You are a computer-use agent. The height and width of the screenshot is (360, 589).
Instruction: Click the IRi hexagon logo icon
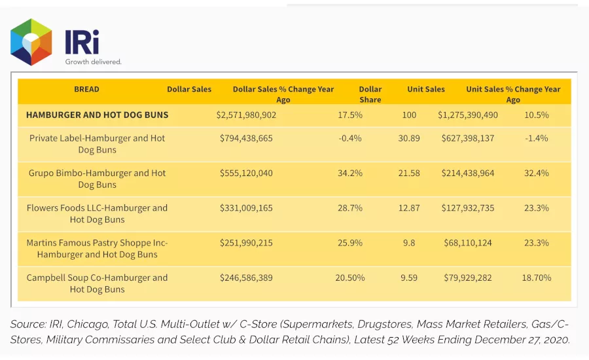pos(31,42)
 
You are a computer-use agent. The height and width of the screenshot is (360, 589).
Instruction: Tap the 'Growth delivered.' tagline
pos(93,62)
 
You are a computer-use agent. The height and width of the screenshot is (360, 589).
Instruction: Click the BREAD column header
pos(86,89)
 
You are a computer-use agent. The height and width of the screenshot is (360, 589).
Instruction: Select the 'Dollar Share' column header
pos(370,94)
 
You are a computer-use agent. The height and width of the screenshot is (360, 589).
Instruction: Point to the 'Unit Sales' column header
pos(426,89)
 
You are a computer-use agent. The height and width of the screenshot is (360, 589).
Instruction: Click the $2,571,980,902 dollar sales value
pos(246,115)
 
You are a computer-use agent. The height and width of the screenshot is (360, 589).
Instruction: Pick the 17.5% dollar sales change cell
pos(350,115)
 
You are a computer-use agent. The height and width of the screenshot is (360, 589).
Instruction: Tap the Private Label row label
pos(97,144)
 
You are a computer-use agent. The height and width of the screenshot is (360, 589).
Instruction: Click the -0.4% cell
pos(350,138)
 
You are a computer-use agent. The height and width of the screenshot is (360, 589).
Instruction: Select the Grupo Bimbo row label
pos(97,179)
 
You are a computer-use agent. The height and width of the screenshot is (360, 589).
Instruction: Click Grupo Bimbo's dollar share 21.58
pos(409,173)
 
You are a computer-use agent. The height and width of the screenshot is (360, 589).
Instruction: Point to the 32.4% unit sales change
pos(537,173)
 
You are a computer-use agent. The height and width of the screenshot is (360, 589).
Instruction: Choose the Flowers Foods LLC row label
pos(97,214)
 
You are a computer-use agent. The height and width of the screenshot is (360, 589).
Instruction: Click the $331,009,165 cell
pos(246,208)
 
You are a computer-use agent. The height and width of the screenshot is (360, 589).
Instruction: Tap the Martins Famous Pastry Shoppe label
pos(97,249)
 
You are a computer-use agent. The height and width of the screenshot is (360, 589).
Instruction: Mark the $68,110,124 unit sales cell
pos(468,243)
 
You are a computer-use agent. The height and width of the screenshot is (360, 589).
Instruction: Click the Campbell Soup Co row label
pos(97,283)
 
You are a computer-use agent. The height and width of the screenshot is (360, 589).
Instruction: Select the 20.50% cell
pos(350,278)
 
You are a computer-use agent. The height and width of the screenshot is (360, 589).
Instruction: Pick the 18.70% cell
pos(537,278)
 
